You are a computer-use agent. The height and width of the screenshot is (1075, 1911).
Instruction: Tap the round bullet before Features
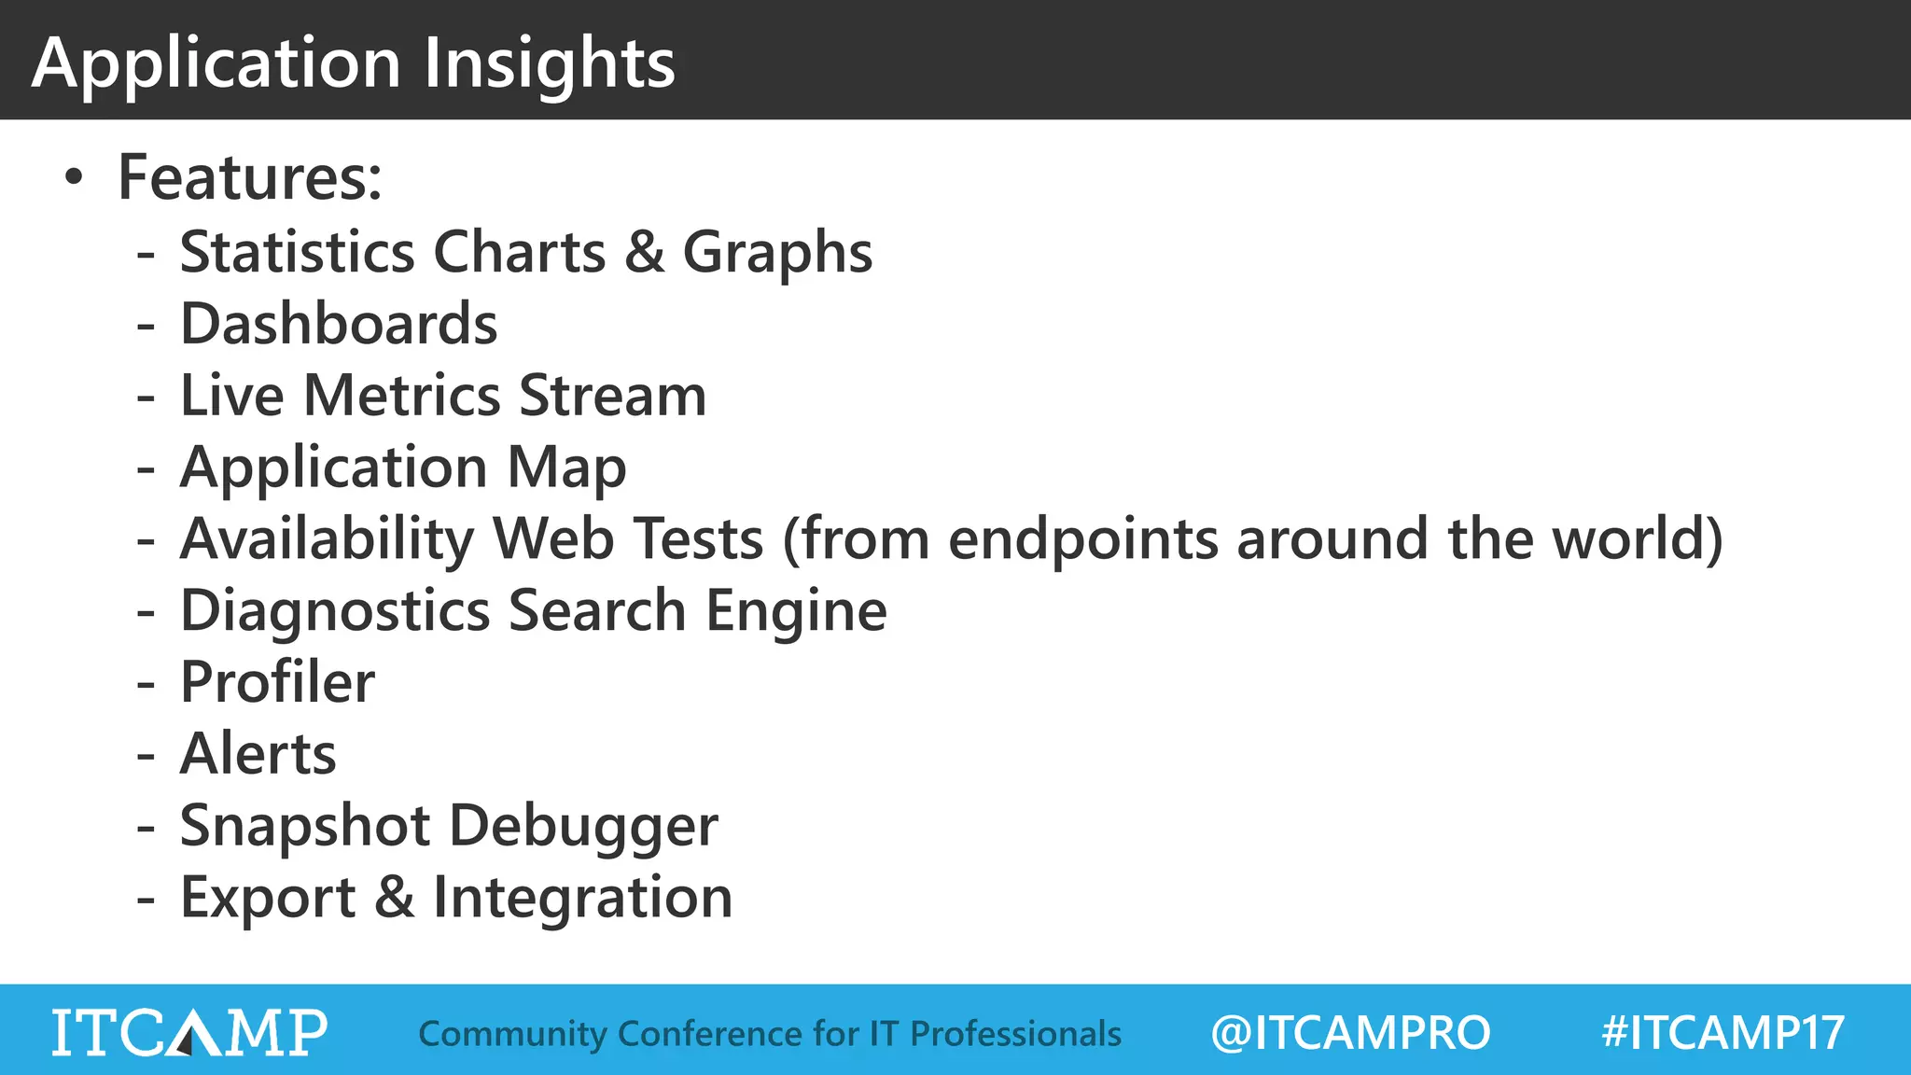click(x=74, y=177)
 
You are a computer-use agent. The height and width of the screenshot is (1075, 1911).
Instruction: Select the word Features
click(x=248, y=177)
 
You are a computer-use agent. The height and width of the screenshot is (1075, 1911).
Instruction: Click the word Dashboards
click(x=339, y=324)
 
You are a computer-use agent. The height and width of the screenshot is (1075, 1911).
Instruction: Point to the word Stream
click(x=612, y=396)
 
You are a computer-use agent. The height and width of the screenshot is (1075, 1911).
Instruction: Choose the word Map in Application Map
click(x=566, y=468)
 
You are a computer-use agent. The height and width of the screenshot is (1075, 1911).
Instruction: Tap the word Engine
click(x=795, y=611)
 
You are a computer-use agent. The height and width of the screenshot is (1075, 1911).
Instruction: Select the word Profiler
click(x=277, y=682)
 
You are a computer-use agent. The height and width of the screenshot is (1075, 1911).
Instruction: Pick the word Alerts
click(x=258, y=754)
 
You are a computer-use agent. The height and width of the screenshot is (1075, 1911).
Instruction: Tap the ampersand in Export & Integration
click(x=394, y=898)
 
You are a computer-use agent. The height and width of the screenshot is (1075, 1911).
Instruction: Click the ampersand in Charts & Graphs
click(x=644, y=252)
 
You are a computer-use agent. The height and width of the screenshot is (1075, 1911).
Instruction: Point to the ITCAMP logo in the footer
click(x=189, y=1032)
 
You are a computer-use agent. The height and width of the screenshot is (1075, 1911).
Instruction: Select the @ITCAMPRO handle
click(x=1349, y=1033)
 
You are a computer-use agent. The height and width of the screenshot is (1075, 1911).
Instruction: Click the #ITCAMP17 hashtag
click(x=1723, y=1033)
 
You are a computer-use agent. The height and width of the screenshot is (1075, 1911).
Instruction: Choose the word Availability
click(x=328, y=539)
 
